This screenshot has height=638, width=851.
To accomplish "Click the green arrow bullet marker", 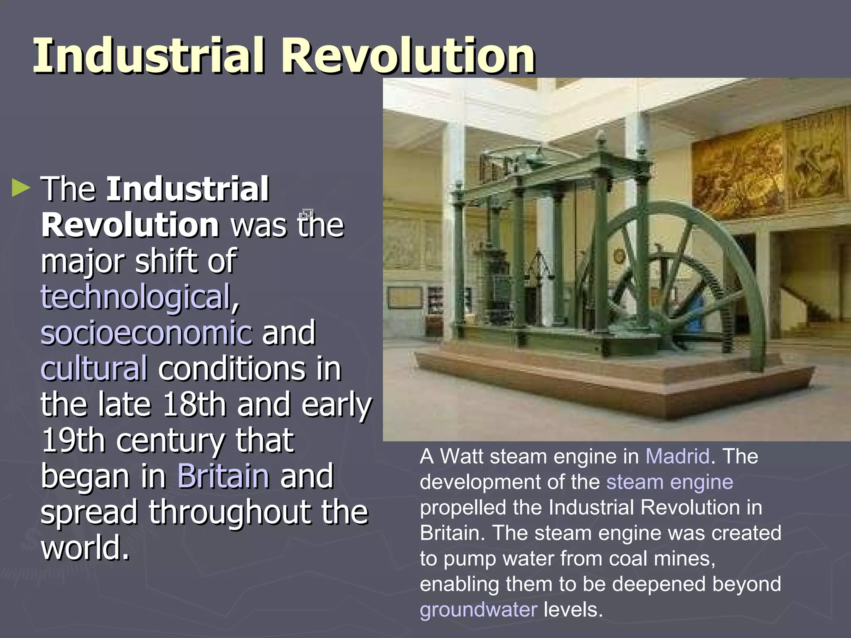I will point(21,188).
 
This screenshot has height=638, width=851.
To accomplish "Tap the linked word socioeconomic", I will point(146,333).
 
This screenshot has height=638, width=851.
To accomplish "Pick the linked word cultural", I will point(94,368).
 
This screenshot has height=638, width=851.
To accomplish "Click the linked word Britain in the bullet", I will point(223,476).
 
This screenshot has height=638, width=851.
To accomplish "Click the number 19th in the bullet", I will point(73,440).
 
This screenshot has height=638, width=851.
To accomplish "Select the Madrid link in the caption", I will point(677,456).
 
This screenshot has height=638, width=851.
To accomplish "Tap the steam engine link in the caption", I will point(669,482).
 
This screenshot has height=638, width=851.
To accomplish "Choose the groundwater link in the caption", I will point(478,609).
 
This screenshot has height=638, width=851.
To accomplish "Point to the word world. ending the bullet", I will point(85,547).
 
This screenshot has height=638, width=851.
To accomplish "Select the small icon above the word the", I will point(306,214).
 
